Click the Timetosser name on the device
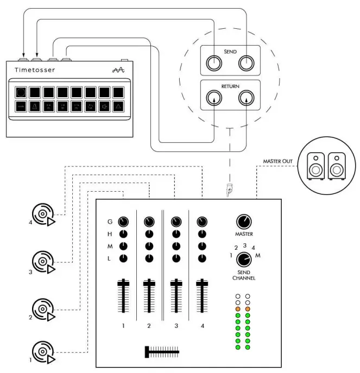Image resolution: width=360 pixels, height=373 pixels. point(35,70)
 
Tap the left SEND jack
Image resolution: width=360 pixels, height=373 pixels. point(214,64)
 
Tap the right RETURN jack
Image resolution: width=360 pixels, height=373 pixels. point(247,98)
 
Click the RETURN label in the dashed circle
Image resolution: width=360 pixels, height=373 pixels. point(231,85)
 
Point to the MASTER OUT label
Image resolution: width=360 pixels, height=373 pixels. point(279,161)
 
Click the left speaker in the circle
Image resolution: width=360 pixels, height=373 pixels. point(315,165)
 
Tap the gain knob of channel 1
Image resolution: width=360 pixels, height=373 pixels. point(123,222)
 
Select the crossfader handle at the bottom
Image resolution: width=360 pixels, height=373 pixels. point(147,352)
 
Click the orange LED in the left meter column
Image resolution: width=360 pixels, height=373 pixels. point(237,309)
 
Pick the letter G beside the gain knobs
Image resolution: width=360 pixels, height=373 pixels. point(110,222)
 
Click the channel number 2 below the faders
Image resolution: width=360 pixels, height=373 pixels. point(149,326)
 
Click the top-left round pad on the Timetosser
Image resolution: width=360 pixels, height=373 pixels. point(20,92)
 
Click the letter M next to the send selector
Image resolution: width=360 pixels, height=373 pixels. point(257,255)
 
